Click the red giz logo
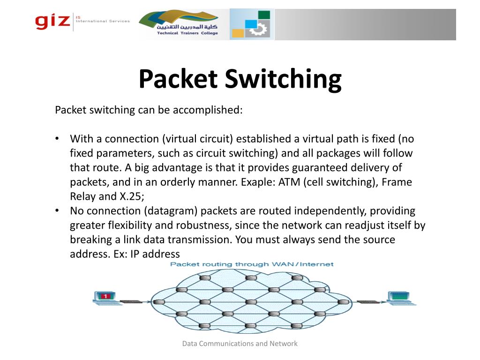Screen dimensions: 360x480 [x=52, y=22]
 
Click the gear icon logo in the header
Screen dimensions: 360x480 [x=252, y=24]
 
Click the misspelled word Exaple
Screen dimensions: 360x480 [x=257, y=182]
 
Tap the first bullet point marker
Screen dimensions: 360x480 [x=57, y=139]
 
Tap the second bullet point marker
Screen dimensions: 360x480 [x=57, y=211]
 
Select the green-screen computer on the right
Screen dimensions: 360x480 [x=398, y=297]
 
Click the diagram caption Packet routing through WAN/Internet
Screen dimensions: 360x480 [x=252, y=264]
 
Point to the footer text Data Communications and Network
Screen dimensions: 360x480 [x=240, y=344]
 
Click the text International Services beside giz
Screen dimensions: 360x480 [x=103, y=21]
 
